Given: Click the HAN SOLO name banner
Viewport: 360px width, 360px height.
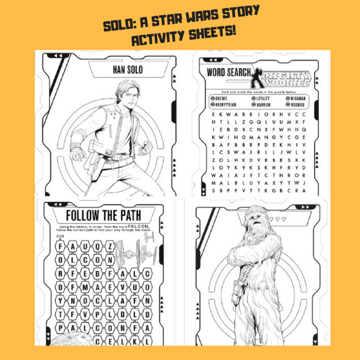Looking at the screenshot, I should coord(127,70).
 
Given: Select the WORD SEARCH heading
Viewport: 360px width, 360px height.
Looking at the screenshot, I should coord(228,73).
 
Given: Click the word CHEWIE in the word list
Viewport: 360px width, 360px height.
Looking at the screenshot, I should coord(221,98).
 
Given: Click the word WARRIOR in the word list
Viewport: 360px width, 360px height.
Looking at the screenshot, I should coord(262,105).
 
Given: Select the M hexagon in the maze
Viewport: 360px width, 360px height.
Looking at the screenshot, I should coord(85,287).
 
